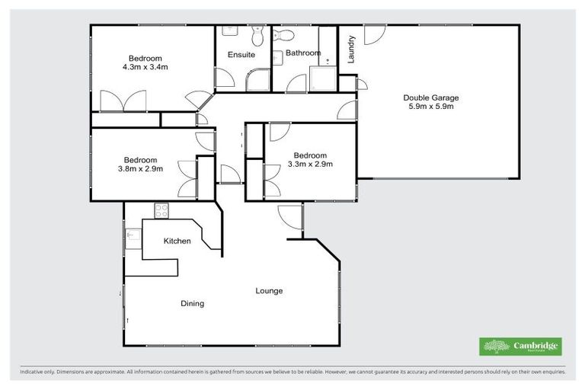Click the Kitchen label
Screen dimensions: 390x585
177,241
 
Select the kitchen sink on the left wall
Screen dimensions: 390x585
130,237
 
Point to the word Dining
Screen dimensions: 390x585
192,304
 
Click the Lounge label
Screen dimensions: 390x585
269,291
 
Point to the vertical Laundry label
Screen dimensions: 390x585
351,52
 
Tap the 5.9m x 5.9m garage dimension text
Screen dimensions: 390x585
431,107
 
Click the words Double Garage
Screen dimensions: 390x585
431,97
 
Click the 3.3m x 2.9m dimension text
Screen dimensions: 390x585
310,163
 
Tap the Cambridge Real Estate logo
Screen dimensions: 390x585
520,347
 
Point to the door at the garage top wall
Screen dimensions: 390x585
373,34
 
